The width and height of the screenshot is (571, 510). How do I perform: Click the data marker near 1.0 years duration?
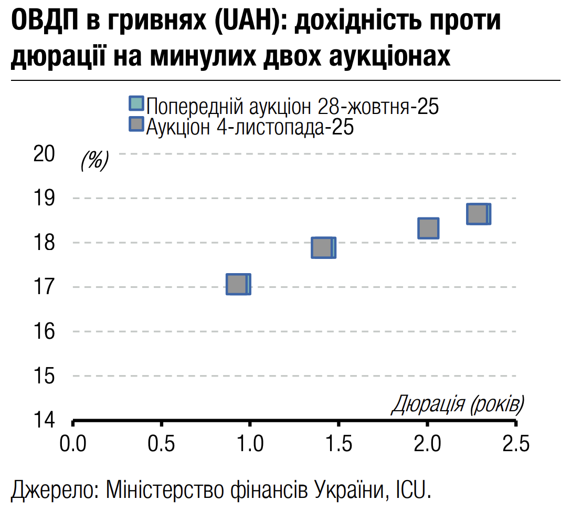[x=238, y=284]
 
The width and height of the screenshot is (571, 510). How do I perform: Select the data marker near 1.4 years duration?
[x=323, y=247]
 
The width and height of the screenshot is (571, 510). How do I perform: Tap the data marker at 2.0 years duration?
[x=428, y=228]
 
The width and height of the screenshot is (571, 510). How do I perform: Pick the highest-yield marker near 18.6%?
[x=478, y=214]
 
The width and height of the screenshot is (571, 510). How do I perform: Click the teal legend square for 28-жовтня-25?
[x=136, y=103]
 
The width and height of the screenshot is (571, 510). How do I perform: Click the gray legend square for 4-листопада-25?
[x=136, y=124]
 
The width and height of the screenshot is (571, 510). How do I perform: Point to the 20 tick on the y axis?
[x=44, y=154]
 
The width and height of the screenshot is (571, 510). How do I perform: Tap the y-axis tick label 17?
[x=44, y=287]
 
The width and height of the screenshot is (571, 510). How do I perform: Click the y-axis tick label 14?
[x=44, y=420]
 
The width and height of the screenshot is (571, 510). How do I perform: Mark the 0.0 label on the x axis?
[x=73, y=444]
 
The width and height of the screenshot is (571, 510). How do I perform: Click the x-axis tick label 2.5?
[x=516, y=444]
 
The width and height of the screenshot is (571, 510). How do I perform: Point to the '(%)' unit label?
[x=94, y=160]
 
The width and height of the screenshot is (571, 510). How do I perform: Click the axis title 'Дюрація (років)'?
[x=458, y=404]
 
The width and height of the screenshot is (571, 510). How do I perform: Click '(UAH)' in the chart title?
[x=245, y=22]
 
